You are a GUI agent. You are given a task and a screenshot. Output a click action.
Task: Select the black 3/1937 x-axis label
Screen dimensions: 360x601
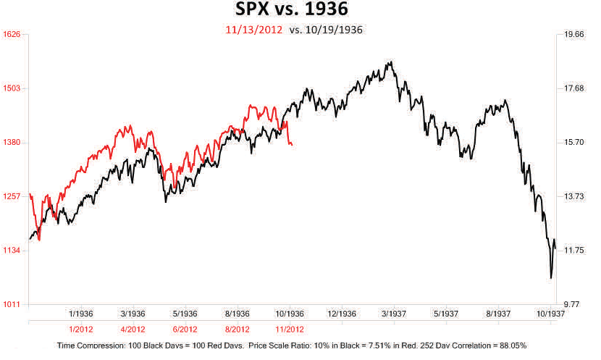[x=393, y=314]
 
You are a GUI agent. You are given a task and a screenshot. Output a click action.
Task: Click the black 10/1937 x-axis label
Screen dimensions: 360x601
[x=550, y=314]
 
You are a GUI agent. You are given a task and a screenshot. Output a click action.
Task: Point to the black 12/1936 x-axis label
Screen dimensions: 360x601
[x=341, y=314]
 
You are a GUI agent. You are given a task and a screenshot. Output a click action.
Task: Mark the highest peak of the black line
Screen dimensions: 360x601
[x=390, y=62]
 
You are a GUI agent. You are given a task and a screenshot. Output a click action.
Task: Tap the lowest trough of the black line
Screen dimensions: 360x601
[x=551, y=277]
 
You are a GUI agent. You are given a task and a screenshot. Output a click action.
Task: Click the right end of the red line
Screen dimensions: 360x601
[x=292, y=146]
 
